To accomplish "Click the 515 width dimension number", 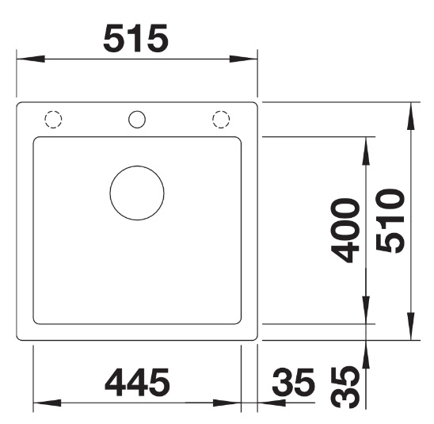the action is click(x=135, y=38).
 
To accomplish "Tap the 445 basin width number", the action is click(x=137, y=382).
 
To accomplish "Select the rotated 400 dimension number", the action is click(x=346, y=231).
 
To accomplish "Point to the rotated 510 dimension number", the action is click(x=390, y=221).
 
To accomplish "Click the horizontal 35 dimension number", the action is click(x=294, y=382).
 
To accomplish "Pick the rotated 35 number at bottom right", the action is click(x=346, y=388).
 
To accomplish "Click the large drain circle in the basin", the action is click(x=137, y=193).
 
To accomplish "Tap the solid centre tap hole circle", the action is click(x=137, y=120).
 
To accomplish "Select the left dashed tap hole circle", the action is click(x=53, y=120).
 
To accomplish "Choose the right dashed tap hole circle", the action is click(x=221, y=120).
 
